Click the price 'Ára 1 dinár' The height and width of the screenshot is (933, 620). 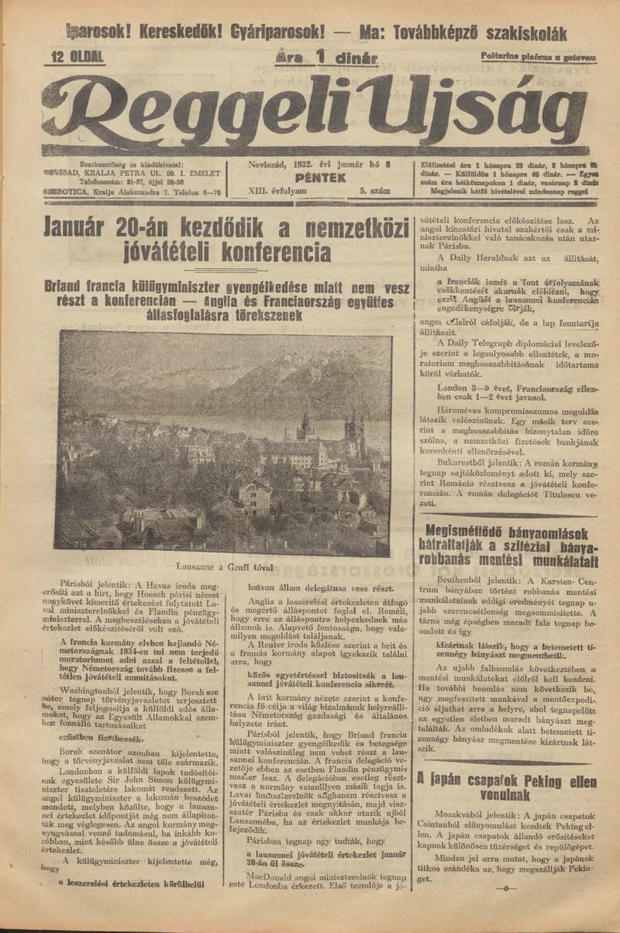pos(325,57)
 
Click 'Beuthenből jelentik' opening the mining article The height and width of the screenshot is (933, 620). pos(478,580)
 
